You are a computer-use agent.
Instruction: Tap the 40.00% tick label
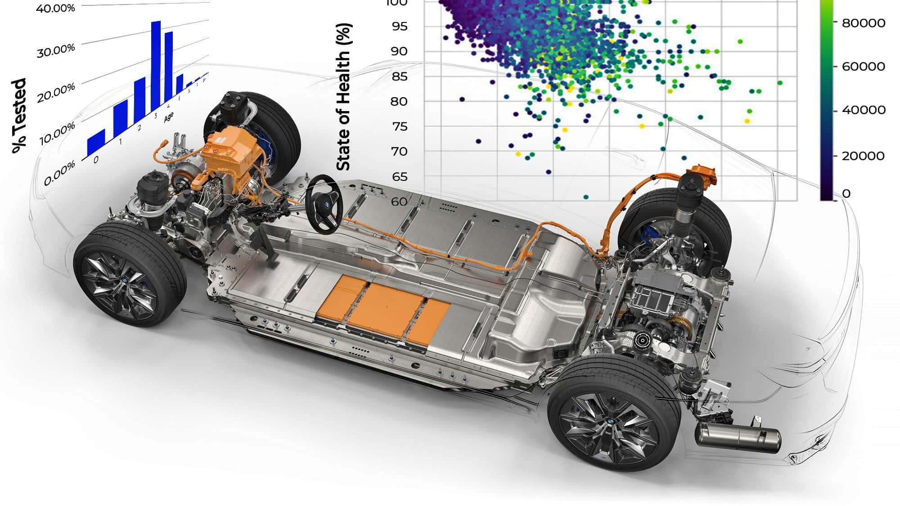55,9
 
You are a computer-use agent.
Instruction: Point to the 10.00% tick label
57,134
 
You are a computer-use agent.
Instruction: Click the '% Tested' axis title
19,116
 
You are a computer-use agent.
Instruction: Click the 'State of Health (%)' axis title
344,97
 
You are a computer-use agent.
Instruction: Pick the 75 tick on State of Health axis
399,126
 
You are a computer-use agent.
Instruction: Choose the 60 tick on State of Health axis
399,202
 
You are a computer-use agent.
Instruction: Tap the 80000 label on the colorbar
864,23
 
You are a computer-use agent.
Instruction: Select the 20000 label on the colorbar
863,156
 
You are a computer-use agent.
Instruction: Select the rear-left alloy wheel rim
608,425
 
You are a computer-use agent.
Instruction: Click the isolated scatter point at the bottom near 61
586,197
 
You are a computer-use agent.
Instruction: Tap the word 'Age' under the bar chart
169,117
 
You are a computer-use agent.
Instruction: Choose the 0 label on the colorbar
846,193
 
